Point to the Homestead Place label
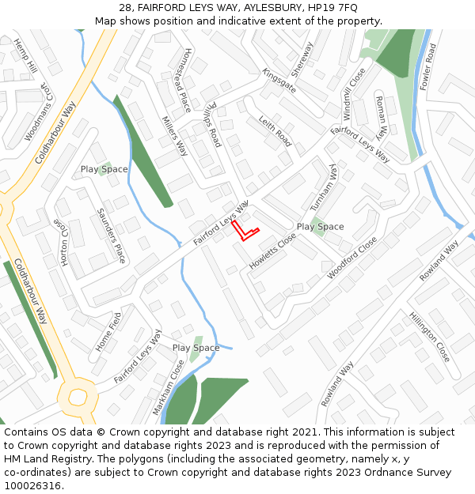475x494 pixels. pyautogui.click(x=177, y=79)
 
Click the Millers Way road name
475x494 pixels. pyautogui.click(x=174, y=136)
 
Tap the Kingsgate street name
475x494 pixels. pyautogui.click(x=279, y=81)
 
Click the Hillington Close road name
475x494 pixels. pyautogui.click(x=430, y=337)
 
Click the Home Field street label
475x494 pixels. pyautogui.click(x=109, y=332)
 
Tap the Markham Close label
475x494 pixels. pyautogui.click(x=173, y=381)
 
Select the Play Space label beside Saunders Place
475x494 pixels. pyautogui.click(x=104, y=169)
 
